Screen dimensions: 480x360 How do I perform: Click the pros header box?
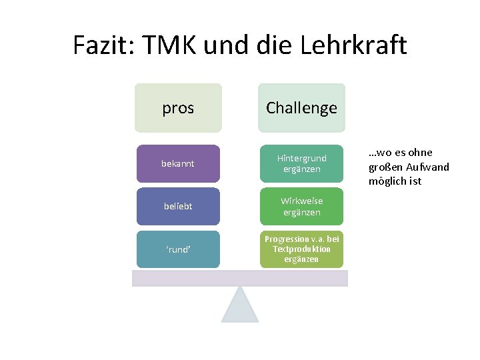click(178, 107)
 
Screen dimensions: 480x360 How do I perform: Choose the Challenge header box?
click(301, 107)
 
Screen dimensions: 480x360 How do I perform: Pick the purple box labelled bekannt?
click(177, 163)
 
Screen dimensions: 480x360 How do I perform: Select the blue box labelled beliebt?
click(177, 206)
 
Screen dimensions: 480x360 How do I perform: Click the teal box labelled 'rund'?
click(177, 249)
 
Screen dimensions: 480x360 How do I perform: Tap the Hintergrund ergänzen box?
click(301, 163)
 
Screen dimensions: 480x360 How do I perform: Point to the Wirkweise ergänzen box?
click(301, 206)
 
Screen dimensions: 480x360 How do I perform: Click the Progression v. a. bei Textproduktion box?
click(301, 249)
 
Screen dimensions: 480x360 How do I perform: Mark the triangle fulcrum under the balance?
click(240, 307)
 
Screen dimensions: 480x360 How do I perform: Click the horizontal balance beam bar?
click(240, 278)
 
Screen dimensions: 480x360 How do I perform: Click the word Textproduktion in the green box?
click(301, 249)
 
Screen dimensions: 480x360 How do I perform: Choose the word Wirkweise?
click(301, 201)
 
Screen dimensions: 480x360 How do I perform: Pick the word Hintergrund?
click(301, 158)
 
